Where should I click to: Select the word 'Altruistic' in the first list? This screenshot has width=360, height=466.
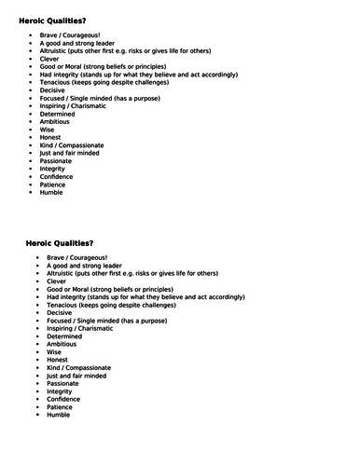56,50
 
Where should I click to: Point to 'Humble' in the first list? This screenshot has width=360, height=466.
52,192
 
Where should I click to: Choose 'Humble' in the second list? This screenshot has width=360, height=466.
59,416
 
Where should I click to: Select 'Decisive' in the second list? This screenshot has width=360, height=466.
60,313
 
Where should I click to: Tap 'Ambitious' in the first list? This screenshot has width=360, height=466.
56,121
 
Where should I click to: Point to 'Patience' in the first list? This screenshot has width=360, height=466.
54,184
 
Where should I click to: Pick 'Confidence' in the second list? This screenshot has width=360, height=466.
64,399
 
